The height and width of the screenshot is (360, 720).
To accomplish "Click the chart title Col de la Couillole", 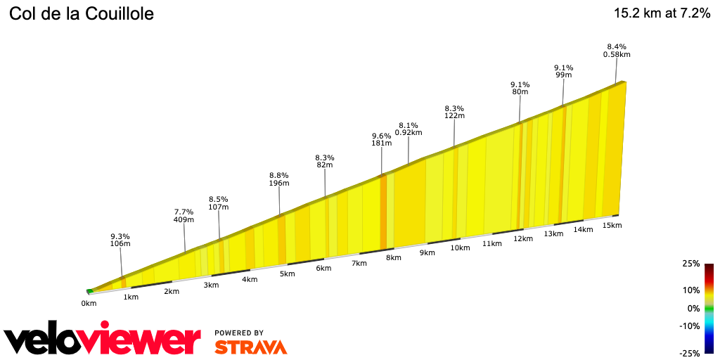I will click(x=81, y=14).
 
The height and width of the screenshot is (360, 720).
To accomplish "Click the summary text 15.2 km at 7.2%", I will click(x=662, y=13).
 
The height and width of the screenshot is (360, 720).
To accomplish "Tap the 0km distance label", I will click(x=89, y=304).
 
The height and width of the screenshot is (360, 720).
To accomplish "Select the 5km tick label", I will click(x=287, y=274).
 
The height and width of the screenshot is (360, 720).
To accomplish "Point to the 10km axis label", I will click(x=460, y=248).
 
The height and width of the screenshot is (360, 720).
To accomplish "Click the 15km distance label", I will click(x=612, y=226).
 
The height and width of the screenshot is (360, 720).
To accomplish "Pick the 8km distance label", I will click(x=393, y=257).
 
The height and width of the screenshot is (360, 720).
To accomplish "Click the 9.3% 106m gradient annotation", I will click(x=120, y=240).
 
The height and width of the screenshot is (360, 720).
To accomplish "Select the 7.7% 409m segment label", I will click(x=184, y=216).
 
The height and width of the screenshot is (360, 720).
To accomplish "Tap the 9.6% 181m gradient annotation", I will click(x=382, y=140).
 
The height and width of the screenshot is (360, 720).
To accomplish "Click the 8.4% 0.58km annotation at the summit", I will click(x=617, y=50).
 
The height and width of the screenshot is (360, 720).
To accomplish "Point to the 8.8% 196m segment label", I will click(x=279, y=179).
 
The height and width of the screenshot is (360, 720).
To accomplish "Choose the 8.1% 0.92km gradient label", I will click(x=409, y=129).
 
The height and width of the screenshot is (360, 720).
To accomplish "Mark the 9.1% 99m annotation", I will click(x=563, y=72).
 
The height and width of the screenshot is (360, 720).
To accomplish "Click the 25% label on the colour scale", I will click(x=691, y=264).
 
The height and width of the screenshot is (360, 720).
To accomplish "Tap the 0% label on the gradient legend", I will click(x=693, y=308).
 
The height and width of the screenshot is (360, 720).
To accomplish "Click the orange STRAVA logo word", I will click(x=250, y=347).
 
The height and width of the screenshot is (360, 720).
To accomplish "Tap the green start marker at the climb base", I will click(x=89, y=290).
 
